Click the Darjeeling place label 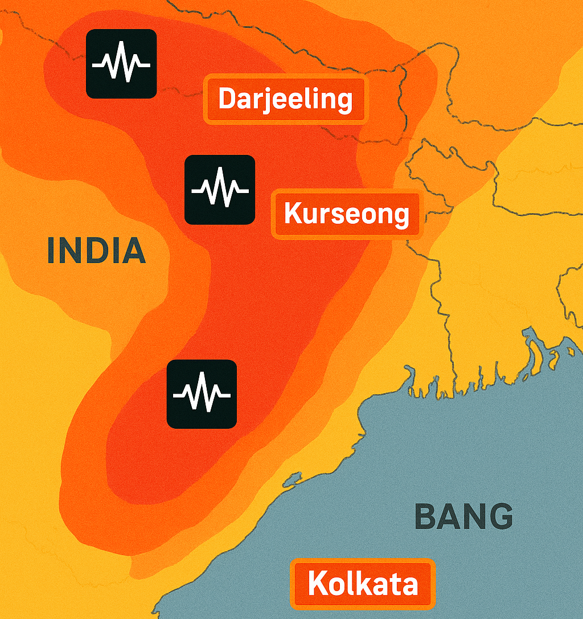pyautogui.click(x=285, y=100)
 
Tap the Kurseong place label pyautogui.click(x=347, y=214)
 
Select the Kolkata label pyautogui.click(x=363, y=584)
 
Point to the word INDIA pyautogui.click(x=96, y=251)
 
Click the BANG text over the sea pyautogui.click(x=463, y=516)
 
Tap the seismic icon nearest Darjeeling pyautogui.click(x=121, y=64)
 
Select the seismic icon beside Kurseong pyautogui.click(x=220, y=189)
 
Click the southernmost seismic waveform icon pyautogui.click(x=202, y=394)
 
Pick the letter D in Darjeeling pyautogui.click(x=228, y=99)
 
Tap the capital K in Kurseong pyautogui.click(x=293, y=214)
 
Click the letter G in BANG pyautogui.click(x=500, y=516)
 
